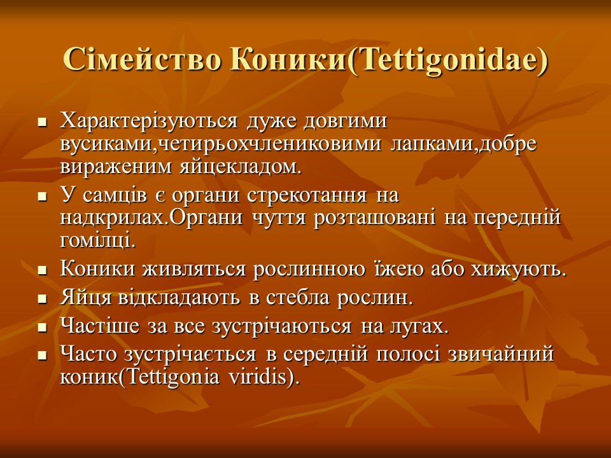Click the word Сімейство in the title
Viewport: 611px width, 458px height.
coord(142,60)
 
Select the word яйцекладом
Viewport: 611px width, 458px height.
coord(241,167)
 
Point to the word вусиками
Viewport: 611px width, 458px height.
coord(109,144)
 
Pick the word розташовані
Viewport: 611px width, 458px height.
coord(374,218)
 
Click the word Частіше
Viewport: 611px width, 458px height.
coord(100,326)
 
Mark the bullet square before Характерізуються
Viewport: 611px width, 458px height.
coord(42,123)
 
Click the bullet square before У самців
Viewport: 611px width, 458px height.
coord(42,197)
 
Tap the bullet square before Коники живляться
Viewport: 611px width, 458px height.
coord(42,271)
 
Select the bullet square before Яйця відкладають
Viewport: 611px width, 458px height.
coord(42,300)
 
